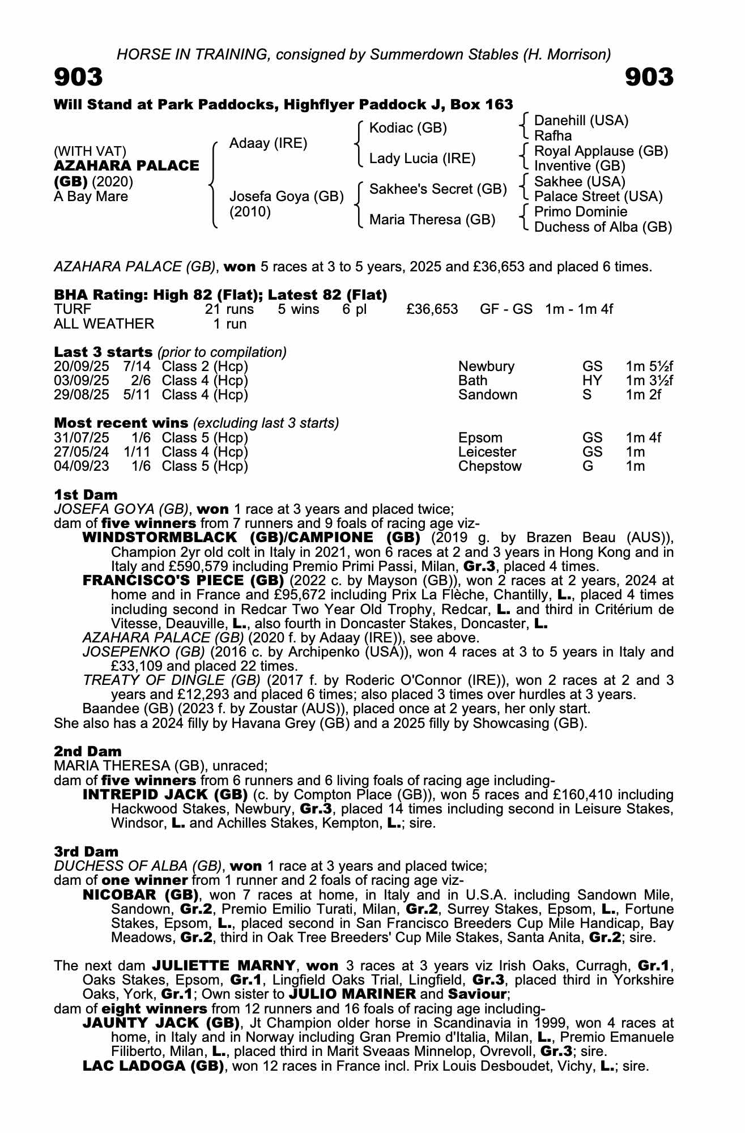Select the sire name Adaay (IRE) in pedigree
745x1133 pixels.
pyautogui.click(x=268, y=143)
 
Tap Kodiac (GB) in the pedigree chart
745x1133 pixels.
pyautogui.click(x=408, y=128)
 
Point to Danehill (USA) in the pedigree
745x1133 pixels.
pyautogui.click(x=581, y=120)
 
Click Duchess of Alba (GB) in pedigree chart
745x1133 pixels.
pyautogui.click(x=603, y=227)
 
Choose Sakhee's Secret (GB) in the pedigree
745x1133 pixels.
pyautogui.click(x=437, y=189)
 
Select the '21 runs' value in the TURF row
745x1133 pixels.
pyautogui.click(x=229, y=309)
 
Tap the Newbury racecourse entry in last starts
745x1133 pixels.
pyautogui.click(x=486, y=367)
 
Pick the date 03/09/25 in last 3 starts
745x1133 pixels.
pyautogui.click(x=82, y=381)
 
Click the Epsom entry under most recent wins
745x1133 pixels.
pyautogui.click(x=480, y=438)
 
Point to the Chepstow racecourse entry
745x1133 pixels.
pyautogui.click(x=489, y=466)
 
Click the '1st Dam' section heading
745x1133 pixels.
pyautogui.click(x=86, y=495)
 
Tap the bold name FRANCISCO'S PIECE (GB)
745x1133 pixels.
pyautogui.click(x=183, y=580)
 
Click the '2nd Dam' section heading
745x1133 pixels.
pyautogui.click(x=88, y=751)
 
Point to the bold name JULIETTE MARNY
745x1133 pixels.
pyautogui.click(x=223, y=965)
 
